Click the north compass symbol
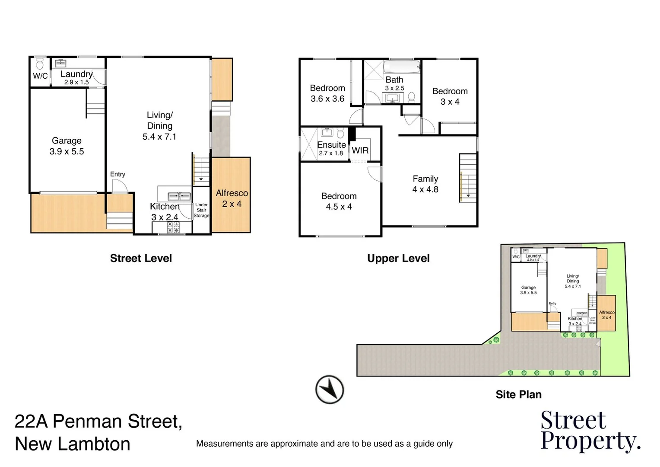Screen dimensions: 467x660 [x=330, y=390]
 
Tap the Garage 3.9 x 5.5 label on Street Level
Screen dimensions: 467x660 [x=67, y=146]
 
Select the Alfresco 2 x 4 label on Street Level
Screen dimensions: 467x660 [x=232, y=198]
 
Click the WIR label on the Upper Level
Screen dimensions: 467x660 [x=360, y=150]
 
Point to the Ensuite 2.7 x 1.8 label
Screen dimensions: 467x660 [x=331, y=148]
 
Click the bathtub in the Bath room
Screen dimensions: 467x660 [x=402, y=67]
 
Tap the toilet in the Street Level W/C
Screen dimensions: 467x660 [x=40, y=64]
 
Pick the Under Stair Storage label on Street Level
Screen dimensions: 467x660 [x=201, y=210]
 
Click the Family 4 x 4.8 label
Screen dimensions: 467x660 [x=425, y=184]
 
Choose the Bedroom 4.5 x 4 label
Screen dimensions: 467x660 [x=339, y=201]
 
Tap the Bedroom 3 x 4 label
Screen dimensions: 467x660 [x=450, y=96]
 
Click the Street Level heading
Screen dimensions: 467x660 [x=141, y=258]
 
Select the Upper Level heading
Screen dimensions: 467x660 [x=398, y=258]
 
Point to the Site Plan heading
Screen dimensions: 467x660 [x=518, y=394]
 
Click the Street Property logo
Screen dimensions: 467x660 [x=590, y=431]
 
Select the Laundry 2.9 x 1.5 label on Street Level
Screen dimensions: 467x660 [x=76, y=77]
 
